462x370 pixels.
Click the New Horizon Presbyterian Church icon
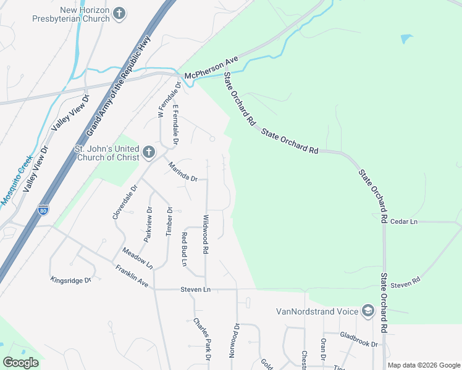tap(119, 13)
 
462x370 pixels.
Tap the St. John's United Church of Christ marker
tap(148, 152)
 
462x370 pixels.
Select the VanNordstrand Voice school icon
tap(368, 310)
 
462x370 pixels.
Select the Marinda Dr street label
tap(183, 171)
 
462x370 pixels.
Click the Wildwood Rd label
tap(206, 234)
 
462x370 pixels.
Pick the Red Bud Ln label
tap(184, 249)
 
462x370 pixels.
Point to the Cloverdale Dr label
tap(122, 201)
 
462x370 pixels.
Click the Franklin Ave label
tap(132, 276)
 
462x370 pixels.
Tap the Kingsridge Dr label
tap(70, 280)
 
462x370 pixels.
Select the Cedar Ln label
tap(405, 221)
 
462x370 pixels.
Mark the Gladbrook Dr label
tap(358, 339)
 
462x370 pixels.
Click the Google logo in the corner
tap(20, 362)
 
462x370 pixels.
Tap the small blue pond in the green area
tap(406, 39)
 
